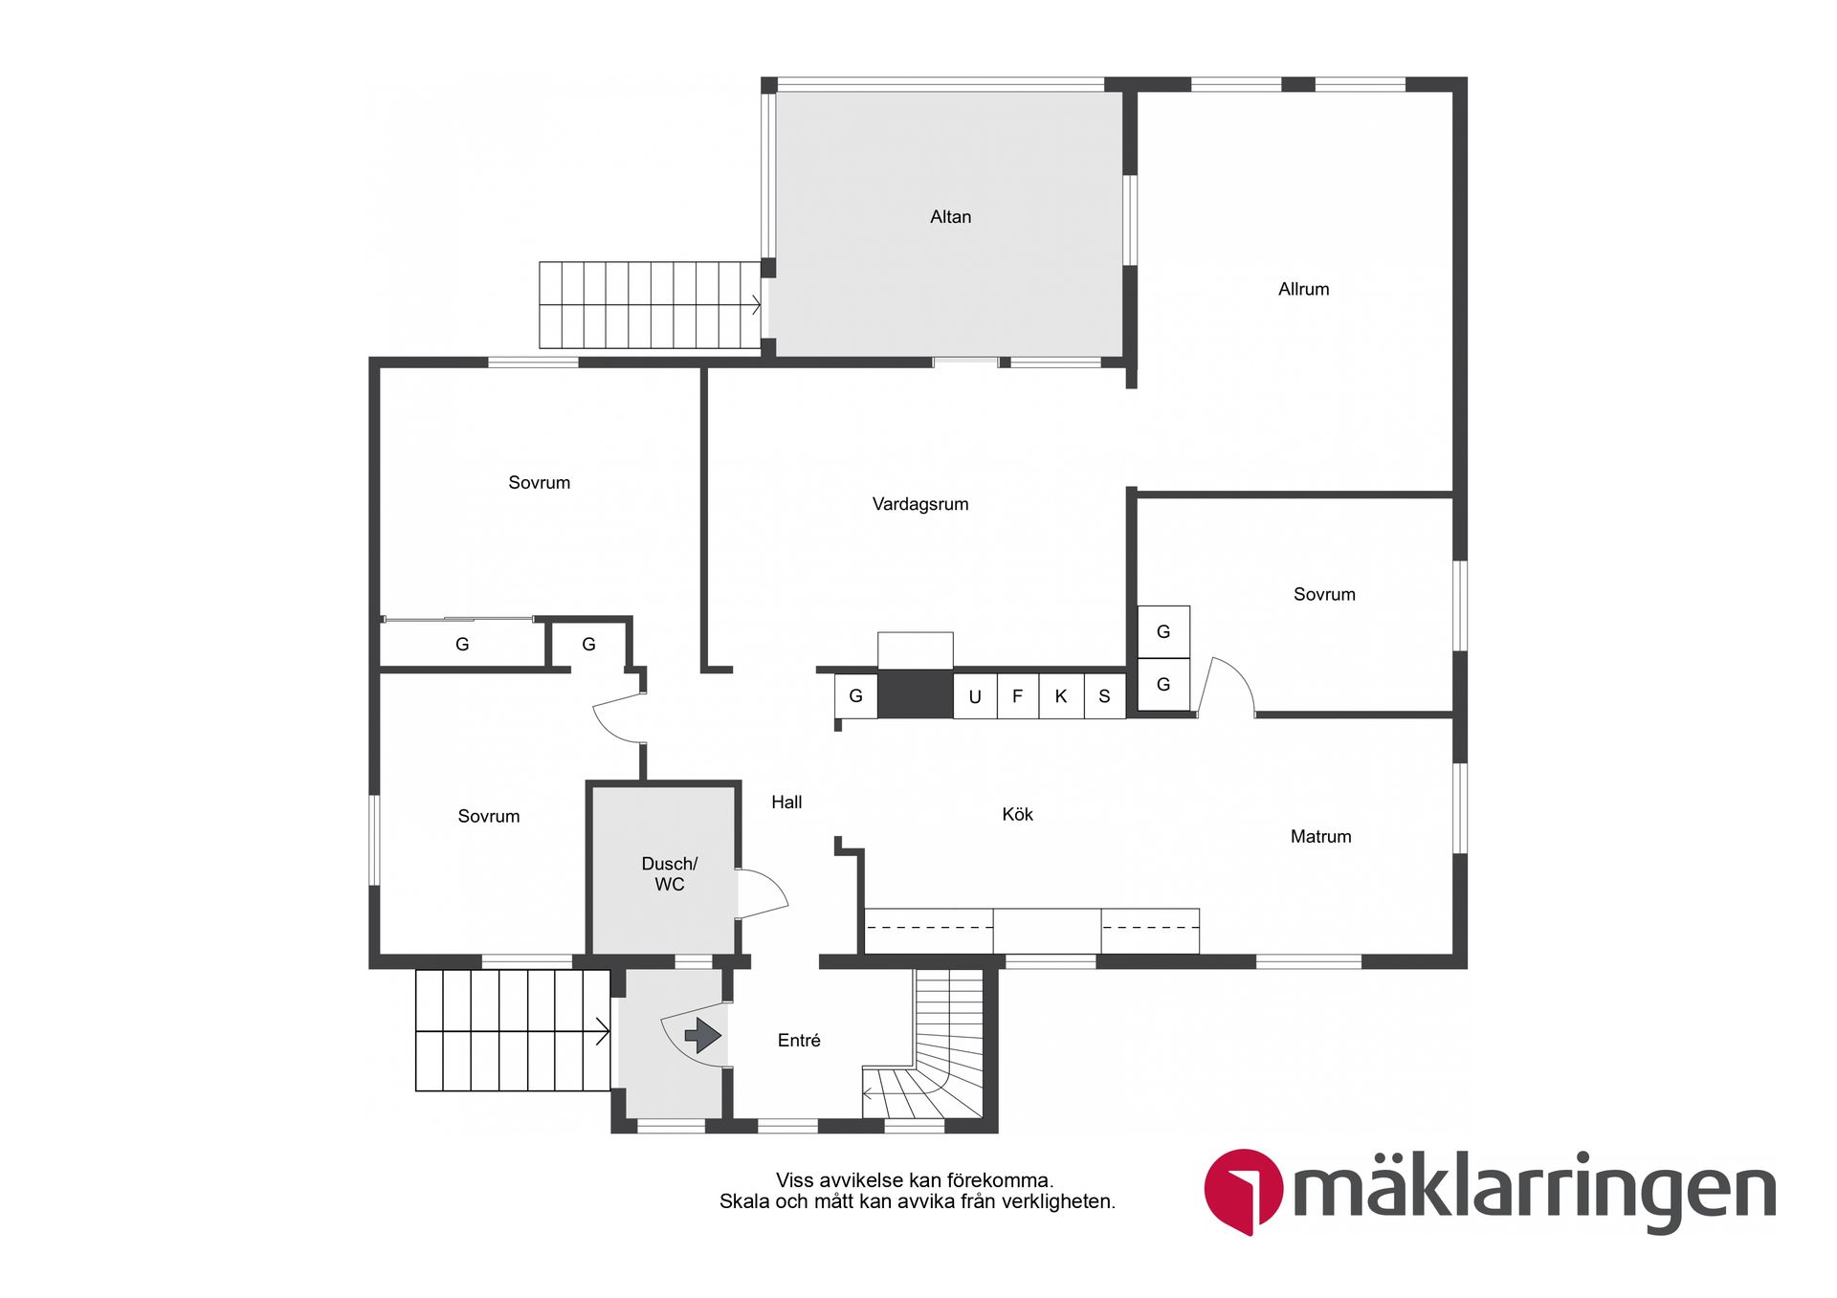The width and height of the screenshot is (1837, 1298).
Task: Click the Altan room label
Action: pos(950,217)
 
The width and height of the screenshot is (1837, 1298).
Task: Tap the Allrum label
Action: pos(1303,289)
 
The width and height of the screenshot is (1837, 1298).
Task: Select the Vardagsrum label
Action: pos(919,504)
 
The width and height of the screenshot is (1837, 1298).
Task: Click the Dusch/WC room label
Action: pos(669,873)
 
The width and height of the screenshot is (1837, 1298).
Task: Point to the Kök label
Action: pos(1017,814)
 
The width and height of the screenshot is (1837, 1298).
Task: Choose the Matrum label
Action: pos(1320,836)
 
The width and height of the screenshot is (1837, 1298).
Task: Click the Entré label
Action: pos(799,1040)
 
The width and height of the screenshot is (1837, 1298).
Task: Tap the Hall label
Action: pos(786,802)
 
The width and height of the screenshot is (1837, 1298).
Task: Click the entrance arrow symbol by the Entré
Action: pos(703,1035)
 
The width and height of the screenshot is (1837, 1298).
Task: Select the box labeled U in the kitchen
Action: pos(975,695)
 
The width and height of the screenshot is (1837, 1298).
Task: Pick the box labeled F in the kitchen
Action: pos(1017,695)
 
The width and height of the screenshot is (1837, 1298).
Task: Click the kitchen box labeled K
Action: pos(1060,695)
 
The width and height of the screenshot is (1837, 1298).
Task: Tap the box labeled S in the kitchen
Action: pos(1104,695)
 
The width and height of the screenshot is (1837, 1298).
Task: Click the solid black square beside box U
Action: pos(916,693)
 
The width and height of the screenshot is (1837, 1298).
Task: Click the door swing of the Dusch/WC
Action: pos(763,893)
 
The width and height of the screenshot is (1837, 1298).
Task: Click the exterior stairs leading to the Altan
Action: pos(650,305)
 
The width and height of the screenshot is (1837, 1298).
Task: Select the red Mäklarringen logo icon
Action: pos(1243,1189)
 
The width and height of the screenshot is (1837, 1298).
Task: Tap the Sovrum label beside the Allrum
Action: pos(1324,594)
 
